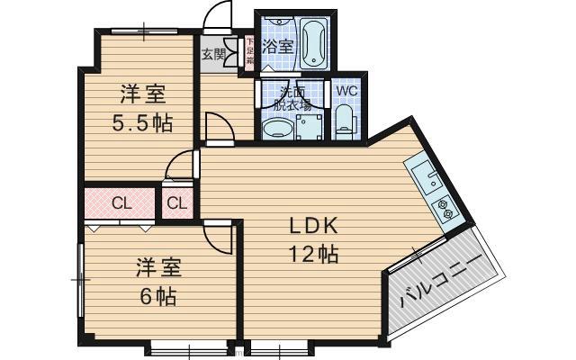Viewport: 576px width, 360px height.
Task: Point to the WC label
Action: pyautogui.click(x=346, y=91)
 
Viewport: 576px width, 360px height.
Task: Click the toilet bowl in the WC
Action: pyautogui.click(x=346, y=123)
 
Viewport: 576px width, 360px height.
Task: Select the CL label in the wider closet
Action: pyautogui.click(x=122, y=203)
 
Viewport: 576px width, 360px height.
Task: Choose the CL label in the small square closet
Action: pyautogui.click(x=177, y=203)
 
